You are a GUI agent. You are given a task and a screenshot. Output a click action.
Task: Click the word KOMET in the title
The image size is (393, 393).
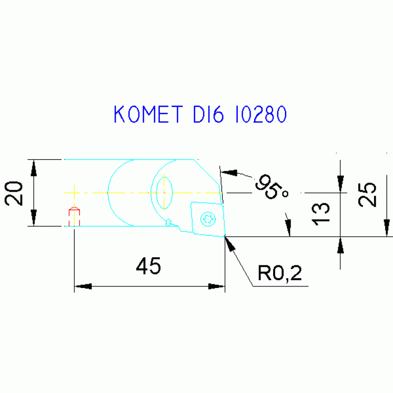pyautogui.click(x=147, y=115)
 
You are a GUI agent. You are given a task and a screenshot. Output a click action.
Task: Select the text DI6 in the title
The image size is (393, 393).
pyautogui.click(x=208, y=115)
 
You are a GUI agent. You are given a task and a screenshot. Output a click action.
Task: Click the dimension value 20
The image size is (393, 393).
pyautogui.click(x=15, y=193)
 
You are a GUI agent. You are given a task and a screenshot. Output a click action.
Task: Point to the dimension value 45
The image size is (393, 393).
pyautogui.click(x=149, y=266)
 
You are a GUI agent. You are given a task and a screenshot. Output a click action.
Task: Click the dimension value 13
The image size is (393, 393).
pyautogui.click(x=321, y=213)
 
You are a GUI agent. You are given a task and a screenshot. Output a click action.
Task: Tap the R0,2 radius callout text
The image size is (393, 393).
pyautogui.click(x=280, y=274)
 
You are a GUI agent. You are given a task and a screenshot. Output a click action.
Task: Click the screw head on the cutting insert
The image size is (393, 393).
pyautogui.click(x=209, y=218)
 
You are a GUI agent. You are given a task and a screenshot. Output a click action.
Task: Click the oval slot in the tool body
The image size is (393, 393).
pyautogui.click(x=164, y=192)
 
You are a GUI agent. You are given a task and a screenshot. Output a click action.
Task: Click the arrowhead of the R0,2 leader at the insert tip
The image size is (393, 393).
pyautogui.click(x=229, y=243)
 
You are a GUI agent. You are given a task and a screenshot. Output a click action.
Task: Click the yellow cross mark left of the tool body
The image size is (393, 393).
pyautogui.click(x=74, y=193)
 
